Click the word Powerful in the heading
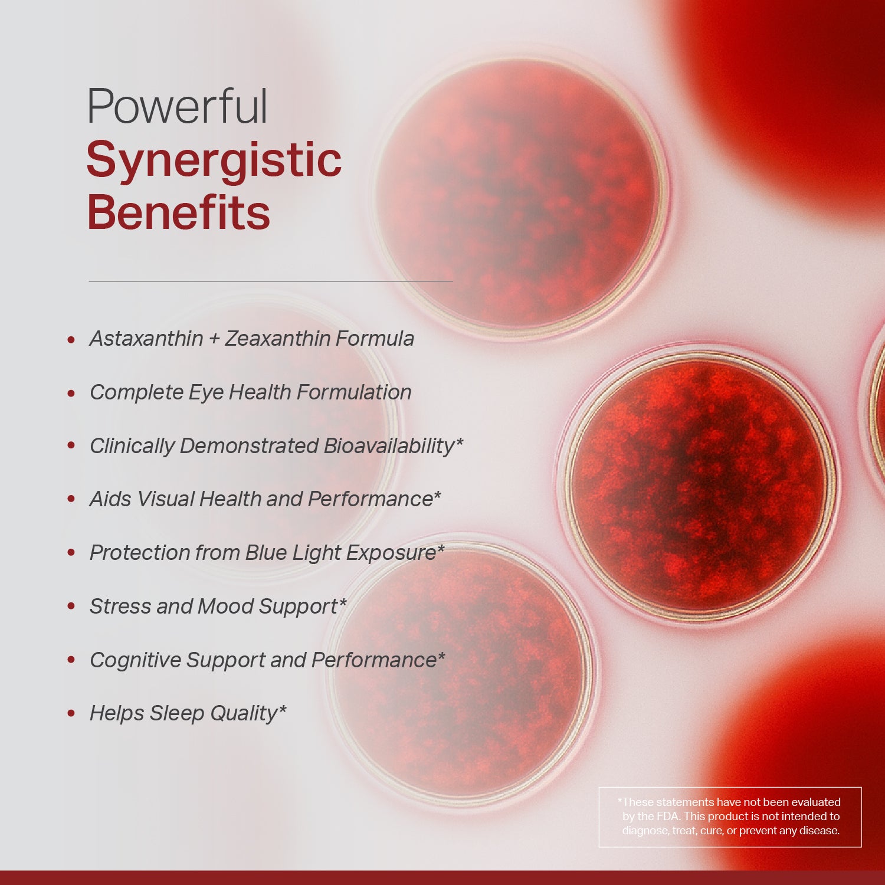[177, 107]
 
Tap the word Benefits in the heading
[178, 212]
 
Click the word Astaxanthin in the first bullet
[146, 339]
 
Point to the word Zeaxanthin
[278, 339]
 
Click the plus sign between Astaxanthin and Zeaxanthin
[214, 339]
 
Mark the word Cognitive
[135, 660]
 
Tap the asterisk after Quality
[283, 708]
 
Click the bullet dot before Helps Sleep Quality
[71, 714]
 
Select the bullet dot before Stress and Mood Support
[71, 607]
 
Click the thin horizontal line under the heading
[271, 281]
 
